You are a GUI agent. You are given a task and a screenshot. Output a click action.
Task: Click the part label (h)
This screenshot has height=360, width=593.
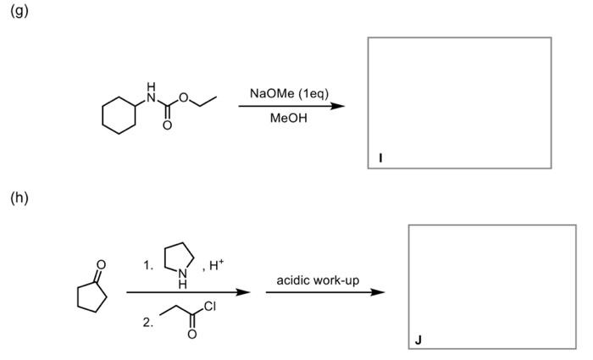(x=19, y=199)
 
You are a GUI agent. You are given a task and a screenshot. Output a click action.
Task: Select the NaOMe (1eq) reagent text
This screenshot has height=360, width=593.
(x=289, y=92)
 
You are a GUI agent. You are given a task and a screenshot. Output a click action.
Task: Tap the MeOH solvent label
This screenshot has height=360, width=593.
(x=289, y=118)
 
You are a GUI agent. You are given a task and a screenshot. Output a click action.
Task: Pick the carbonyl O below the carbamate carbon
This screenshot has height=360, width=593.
(x=167, y=127)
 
